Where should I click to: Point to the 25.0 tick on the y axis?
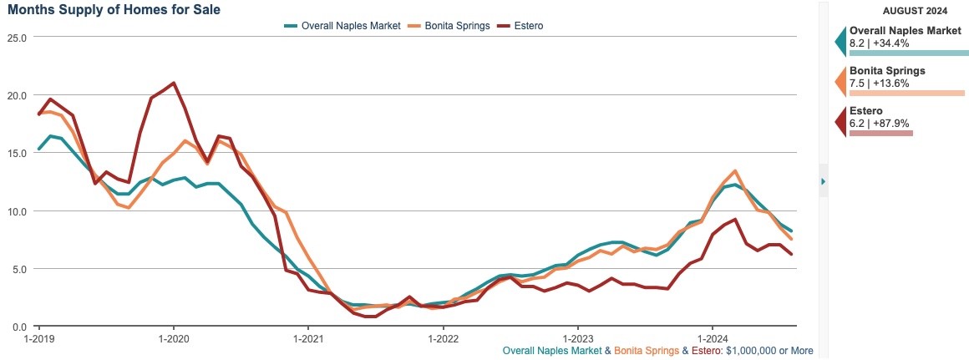pos(16,38)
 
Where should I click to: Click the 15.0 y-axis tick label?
pos(16,153)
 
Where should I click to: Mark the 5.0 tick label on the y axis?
pos(18,269)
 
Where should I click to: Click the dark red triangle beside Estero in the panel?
pos(840,122)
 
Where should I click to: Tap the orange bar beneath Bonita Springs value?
pos(906,93)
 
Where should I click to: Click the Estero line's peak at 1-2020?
pos(173,83)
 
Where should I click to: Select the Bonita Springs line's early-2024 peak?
pos(734,170)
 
